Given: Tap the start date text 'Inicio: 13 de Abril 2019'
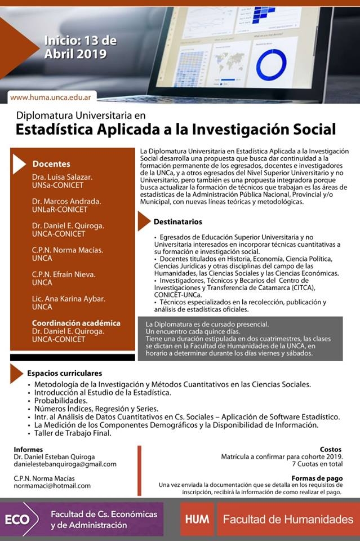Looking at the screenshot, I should (x=81, y=47).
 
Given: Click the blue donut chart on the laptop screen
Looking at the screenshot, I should (x=271, y=65).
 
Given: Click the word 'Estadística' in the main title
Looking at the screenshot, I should (x=59, y=129).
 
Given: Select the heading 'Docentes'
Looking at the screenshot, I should (x=51, y=164).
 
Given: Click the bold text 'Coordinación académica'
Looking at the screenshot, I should (x=76, y=323).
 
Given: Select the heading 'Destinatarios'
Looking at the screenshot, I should (x=177, y=222).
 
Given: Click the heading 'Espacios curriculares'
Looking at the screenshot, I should (x=64, y=373).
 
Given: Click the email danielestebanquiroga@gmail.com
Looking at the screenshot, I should (x=65, y=464).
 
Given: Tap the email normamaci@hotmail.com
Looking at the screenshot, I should (x=52, y=485).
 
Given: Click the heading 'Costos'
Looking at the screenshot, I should (x=330, y=449).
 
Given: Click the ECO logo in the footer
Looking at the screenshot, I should (x=17, y=520).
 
